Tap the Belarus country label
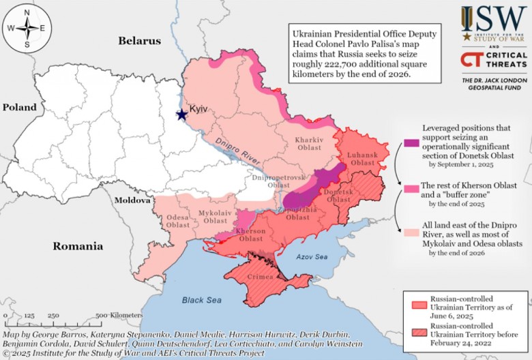click(140, 41)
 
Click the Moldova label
click(132, 200)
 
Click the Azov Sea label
click(312, 257)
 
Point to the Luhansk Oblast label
click(363, 159)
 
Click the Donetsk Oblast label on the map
click(338, 196)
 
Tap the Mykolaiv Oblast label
click(215, 217)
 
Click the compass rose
click(27, 28)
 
